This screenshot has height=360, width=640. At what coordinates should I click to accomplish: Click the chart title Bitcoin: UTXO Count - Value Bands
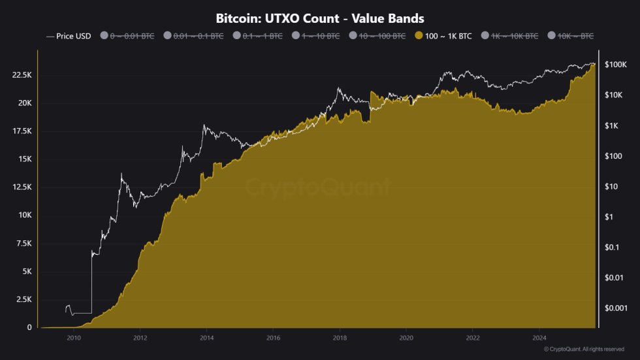coord(319,18)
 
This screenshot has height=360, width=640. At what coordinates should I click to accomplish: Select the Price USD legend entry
coord(69,36)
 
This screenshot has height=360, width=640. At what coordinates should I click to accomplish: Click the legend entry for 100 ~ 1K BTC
coord(448,36)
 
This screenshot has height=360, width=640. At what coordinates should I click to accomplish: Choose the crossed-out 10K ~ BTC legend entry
coord(575,36)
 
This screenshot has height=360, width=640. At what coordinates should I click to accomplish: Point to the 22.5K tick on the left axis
coord(22,76)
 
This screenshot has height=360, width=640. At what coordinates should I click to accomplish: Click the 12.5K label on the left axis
coord(22,188)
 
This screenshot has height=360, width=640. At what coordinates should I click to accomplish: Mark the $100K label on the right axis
coord(615,65)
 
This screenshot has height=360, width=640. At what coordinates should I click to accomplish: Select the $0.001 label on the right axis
coord(615,307)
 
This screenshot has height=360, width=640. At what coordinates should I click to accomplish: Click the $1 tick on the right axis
coord(609,217)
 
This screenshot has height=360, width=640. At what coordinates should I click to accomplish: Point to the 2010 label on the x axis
coord(73,338)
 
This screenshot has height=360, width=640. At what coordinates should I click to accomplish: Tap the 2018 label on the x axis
coord(340,338)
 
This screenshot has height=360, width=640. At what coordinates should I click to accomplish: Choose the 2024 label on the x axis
coord(539,338)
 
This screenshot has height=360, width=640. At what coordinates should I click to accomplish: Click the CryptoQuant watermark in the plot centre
coord(319,188)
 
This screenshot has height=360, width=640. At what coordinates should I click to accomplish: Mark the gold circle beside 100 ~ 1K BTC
coord(419,36)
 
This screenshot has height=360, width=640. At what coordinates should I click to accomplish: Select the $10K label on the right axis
coord(613,95)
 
